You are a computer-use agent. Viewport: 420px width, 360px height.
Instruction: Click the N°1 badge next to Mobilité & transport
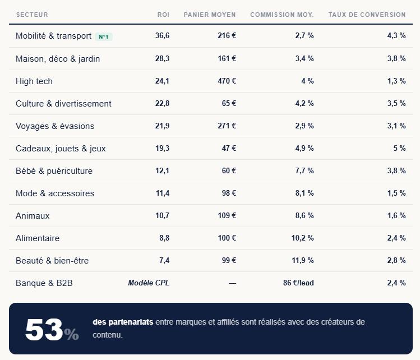[104, 37]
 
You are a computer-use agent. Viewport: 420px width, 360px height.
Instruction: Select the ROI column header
[163, 15]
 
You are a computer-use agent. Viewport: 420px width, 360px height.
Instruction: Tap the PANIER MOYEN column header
[210, 15]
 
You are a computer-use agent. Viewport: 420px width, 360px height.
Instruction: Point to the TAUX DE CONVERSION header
[367, 15]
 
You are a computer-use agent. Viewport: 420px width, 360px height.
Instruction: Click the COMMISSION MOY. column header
[281, 15]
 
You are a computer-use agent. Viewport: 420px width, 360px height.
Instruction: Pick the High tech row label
[34, 81]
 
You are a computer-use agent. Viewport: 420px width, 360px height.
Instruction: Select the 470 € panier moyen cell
[227, 81]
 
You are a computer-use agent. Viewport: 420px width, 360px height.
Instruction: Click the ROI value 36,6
[162, 36]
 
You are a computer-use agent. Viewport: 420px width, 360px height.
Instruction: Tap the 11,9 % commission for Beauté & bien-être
[302, 261]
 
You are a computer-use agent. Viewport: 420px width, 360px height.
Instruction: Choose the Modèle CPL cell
[149, 283]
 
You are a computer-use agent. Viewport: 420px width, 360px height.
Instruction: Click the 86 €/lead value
[298, 283]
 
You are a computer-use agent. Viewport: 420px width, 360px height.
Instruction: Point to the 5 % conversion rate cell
[399, 149]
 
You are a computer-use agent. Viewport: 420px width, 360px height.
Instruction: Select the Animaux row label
[33, 216]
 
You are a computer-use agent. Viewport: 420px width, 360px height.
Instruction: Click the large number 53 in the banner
[44, 330]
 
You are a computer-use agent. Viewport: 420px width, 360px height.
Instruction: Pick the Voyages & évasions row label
[55, 126]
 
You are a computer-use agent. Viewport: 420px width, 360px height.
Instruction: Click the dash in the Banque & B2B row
[232, 283]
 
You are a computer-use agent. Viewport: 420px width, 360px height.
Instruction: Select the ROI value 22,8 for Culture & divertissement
[162, 104]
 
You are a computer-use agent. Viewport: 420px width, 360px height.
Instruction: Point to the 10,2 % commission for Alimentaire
[302, 238]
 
